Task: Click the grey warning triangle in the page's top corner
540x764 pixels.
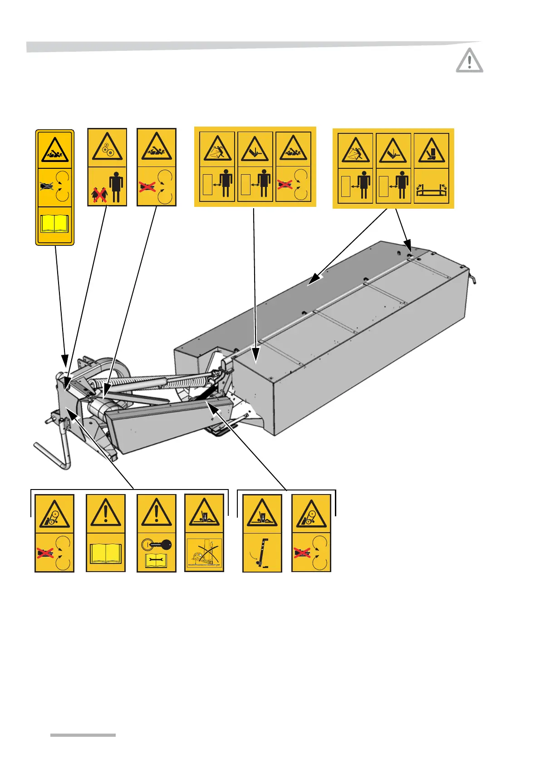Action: (470, 60)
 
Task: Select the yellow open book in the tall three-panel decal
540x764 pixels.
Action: (54, 224)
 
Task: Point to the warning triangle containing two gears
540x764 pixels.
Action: (108, 147)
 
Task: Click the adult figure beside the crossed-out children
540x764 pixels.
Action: (116, 186)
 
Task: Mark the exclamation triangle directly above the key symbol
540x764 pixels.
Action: (157, 513)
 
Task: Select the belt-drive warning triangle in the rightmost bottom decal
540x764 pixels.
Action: (311, 515)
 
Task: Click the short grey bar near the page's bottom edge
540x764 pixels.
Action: (83, 735)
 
